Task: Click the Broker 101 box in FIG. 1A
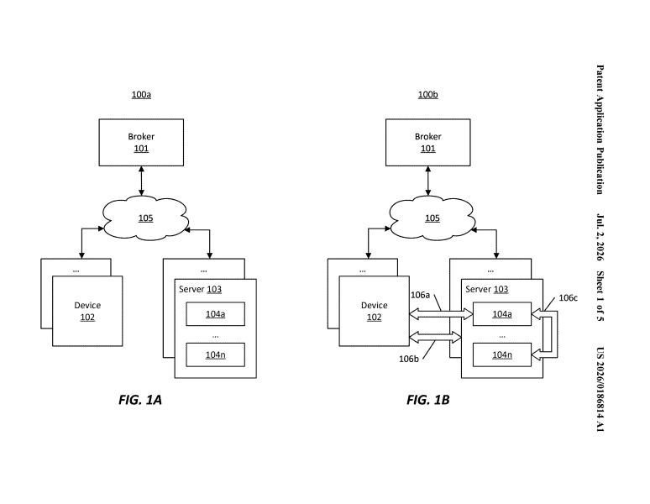tap(141, 143)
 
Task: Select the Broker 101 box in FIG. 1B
tap(427, 143)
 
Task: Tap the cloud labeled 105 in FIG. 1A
tap(145, 218)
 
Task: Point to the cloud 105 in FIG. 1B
tap(432, 218)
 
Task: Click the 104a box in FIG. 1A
tap(215, 314)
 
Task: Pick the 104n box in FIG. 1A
tap(215, 354)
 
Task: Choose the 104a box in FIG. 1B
tap(502, 314)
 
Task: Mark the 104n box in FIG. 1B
tap(502, 354)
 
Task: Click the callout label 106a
tap(420, 295)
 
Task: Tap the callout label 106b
tap(409, 359)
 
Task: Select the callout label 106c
tap(568, 297)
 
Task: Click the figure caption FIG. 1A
tap(140, 400)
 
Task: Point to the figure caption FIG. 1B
tap(427, 400)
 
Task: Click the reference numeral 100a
tap(141, 94)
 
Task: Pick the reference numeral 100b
tap(427, 94)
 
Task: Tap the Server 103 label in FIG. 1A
tap(200, 289)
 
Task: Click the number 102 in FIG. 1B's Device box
tap(374, 318)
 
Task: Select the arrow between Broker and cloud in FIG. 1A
tap(141, 181)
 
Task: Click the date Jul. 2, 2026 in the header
tap(600, 238)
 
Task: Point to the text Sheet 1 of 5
tap(600, 296)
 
